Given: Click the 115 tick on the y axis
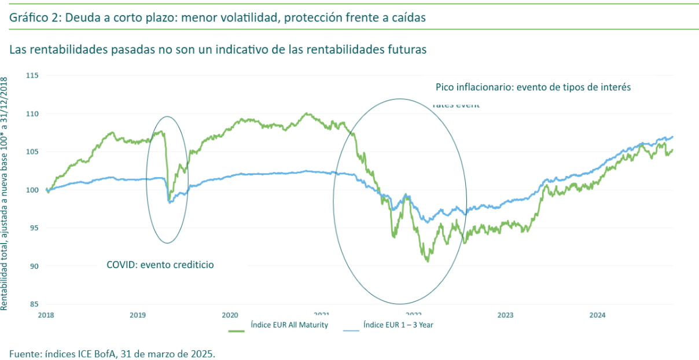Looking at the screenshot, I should click(32, 76).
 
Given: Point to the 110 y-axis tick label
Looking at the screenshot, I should click(32, 114).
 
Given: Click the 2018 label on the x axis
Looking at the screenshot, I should click(47, 315).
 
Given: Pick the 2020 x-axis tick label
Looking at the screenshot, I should click(230, 315).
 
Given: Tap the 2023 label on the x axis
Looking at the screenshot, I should click(505, 315).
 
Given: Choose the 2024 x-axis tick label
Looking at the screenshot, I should click(597, 315).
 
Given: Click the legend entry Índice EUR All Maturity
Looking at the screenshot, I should click(289, 325).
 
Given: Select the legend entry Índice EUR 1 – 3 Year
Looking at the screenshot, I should click(398, 325).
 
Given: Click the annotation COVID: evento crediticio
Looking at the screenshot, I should click(160, 265).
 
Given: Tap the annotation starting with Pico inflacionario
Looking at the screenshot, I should click(533, 87).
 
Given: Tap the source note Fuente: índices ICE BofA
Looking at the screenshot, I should click(112, 353).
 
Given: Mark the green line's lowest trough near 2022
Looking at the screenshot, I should click(427, 261).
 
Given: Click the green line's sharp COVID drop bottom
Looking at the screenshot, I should click(169, 200).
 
